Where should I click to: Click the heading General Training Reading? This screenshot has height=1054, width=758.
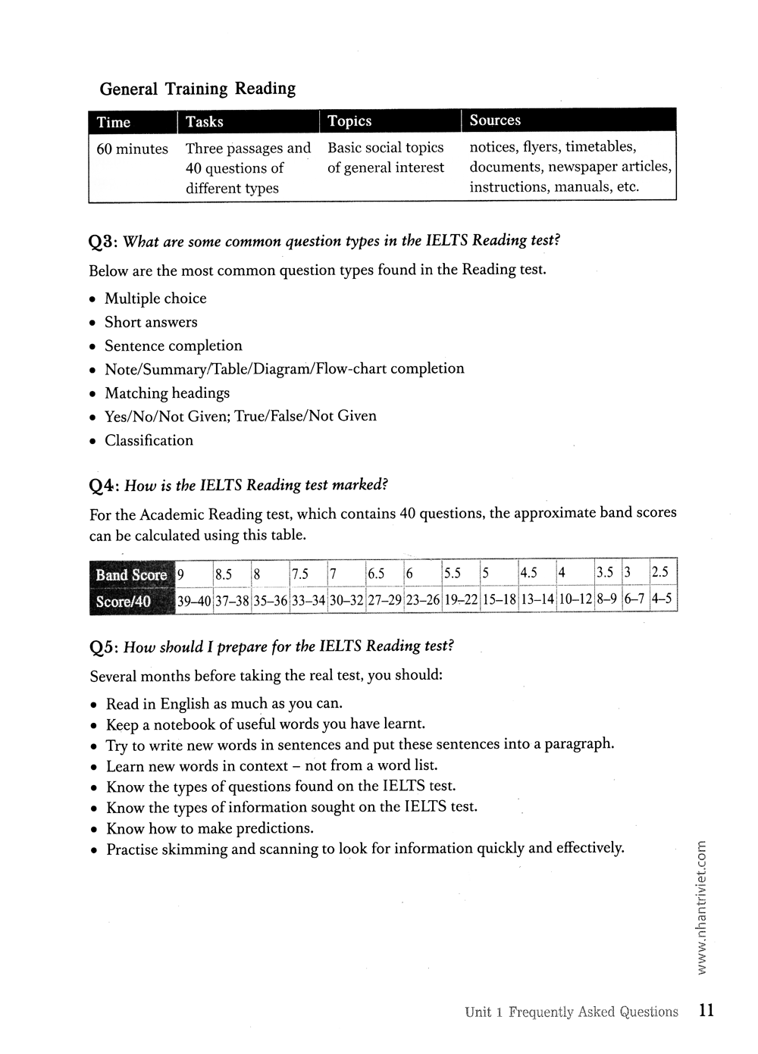pos(198,89)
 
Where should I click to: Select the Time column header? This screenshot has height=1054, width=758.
pos(114,122)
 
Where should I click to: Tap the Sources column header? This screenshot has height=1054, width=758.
pos(495,120)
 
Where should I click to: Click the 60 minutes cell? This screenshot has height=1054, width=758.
pos(132,149)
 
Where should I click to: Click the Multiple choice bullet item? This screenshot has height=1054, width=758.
pos(155,299)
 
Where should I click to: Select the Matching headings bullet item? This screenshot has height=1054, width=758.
pos(167,393)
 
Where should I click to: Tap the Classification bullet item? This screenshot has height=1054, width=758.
pos(149,440)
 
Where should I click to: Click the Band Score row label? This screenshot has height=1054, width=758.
pos(130,575)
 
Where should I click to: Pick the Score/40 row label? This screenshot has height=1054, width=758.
pos(124,602)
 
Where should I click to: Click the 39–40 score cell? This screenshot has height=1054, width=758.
pos(193,602)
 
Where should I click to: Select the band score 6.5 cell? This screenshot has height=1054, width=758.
pos(376,574)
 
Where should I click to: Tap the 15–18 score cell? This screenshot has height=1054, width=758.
pos(499,600)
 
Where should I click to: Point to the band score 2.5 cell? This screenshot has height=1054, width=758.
pos(659,572)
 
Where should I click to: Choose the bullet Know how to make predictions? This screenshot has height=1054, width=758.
pos(209,828)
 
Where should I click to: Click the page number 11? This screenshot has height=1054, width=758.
pos(706,1010)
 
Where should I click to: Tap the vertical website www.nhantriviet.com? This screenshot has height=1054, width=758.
pos(701,909)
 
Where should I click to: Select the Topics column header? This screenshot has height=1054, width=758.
pos(349,121)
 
